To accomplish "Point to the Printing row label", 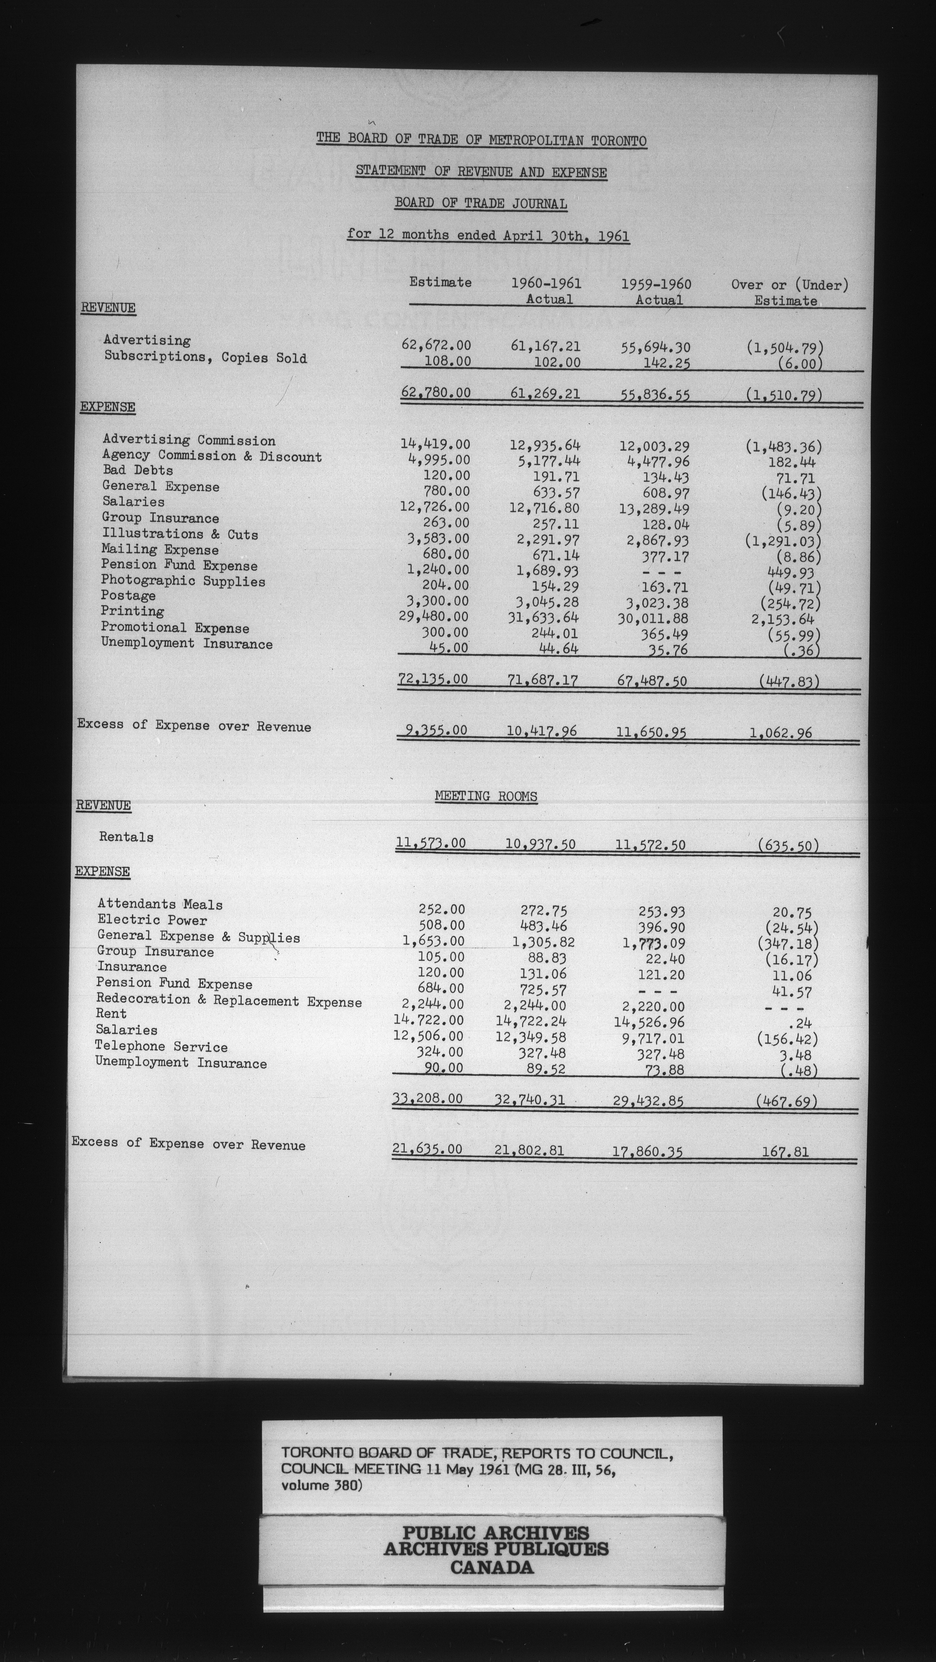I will pyautogui.click(x=132, y=611).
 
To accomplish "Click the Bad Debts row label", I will pyautogui.click(x=137, y=470).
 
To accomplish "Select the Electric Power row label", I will pyautogui.click(x=152, y=920).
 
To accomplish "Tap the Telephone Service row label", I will pyautogui.click(x=161, y=1046).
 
